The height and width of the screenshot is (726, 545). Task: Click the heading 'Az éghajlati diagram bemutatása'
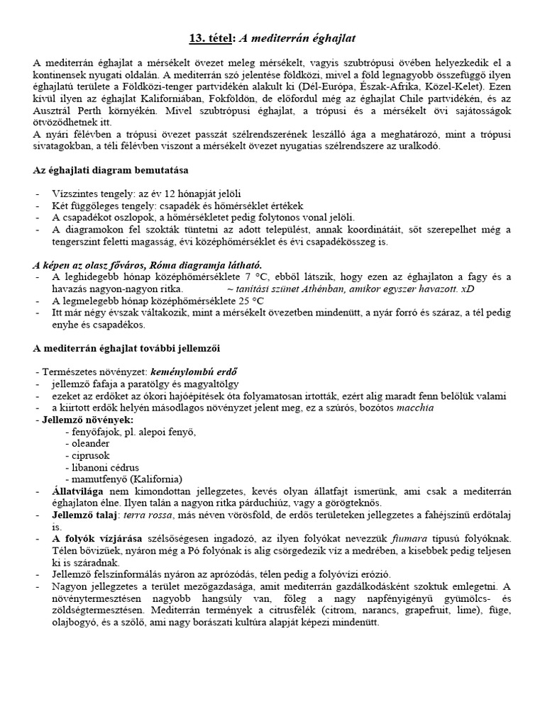pyautogui.click(x=111, y=170)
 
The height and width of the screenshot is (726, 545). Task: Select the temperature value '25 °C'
pyautogui.click(x=254, y=301)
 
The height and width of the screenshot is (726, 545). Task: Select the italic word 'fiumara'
pyautogui.click(x=373, y=539)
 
